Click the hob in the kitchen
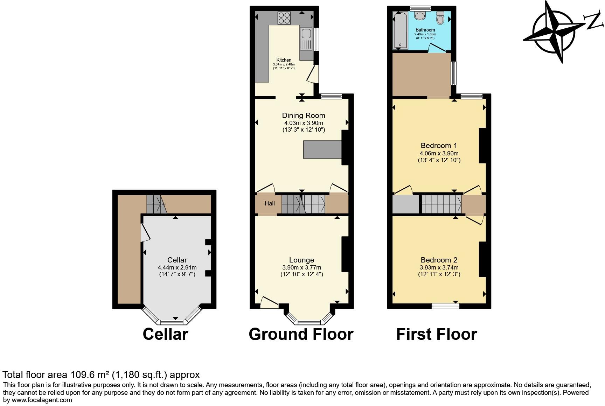point(284,18)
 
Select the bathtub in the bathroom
point(399,30)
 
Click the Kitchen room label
point(284,60)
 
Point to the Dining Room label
point(304,115)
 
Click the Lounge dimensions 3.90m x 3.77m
point(301,267)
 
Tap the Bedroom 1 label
point(439,146)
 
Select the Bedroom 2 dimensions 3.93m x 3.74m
point(439,267)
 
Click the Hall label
point(270,203)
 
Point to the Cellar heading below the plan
point(165,334)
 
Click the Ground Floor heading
point(301,334)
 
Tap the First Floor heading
point(436,334)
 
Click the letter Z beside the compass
point(594,22)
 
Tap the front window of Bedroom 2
point(445,306)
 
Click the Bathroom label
point(425,30)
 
